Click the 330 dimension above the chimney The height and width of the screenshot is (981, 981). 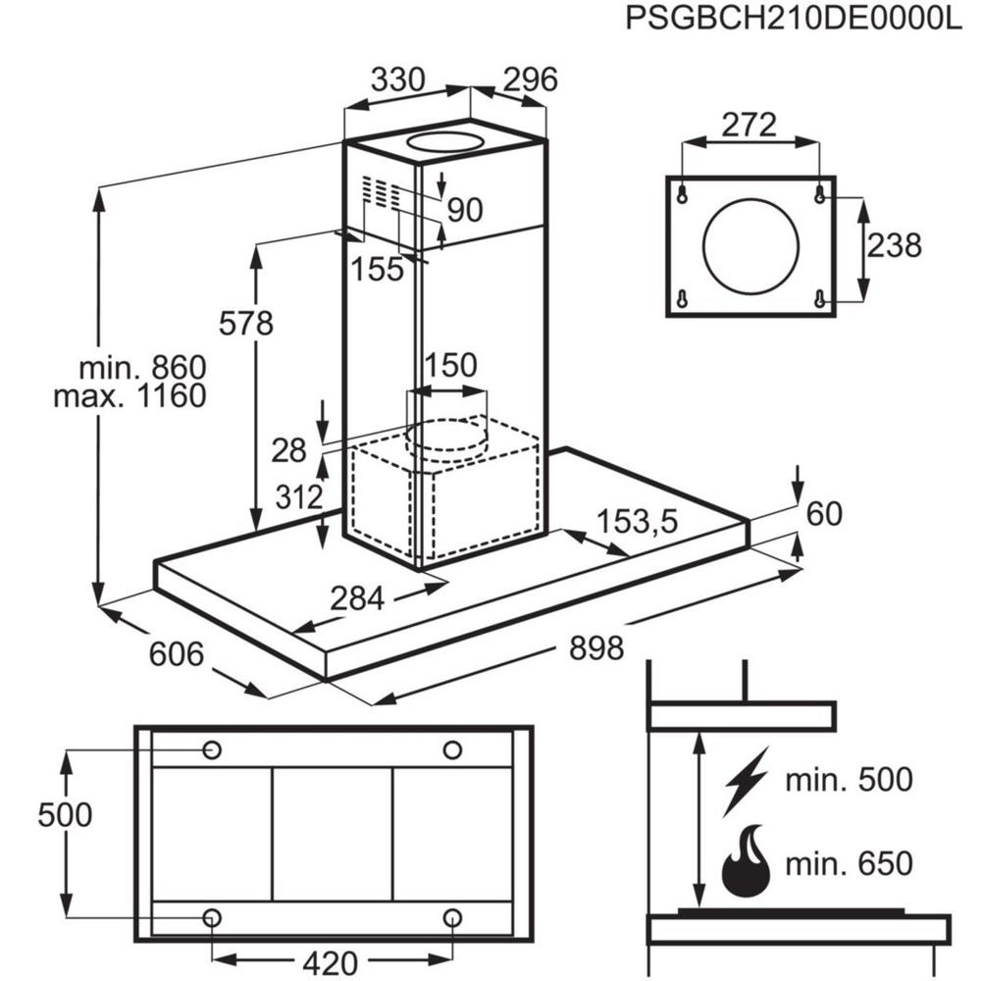tap(397, 79)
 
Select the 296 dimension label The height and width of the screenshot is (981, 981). tap(530, 79)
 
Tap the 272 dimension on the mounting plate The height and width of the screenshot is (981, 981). tap(749, 125)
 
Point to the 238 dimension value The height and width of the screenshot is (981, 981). tap(895, 245)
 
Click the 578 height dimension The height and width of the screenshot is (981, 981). tap(246, 323)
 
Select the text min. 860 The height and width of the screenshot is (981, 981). tap(142, 369)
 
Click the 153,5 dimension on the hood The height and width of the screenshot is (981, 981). tap(638, 522)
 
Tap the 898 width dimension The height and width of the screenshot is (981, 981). tap(595, 647)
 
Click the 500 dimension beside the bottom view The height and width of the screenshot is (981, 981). tap(65, 814)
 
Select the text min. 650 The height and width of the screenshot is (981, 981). tap(849, 864)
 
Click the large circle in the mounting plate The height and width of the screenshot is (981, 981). tap(751, 245)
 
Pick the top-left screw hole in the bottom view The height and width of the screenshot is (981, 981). tap(212, 750)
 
